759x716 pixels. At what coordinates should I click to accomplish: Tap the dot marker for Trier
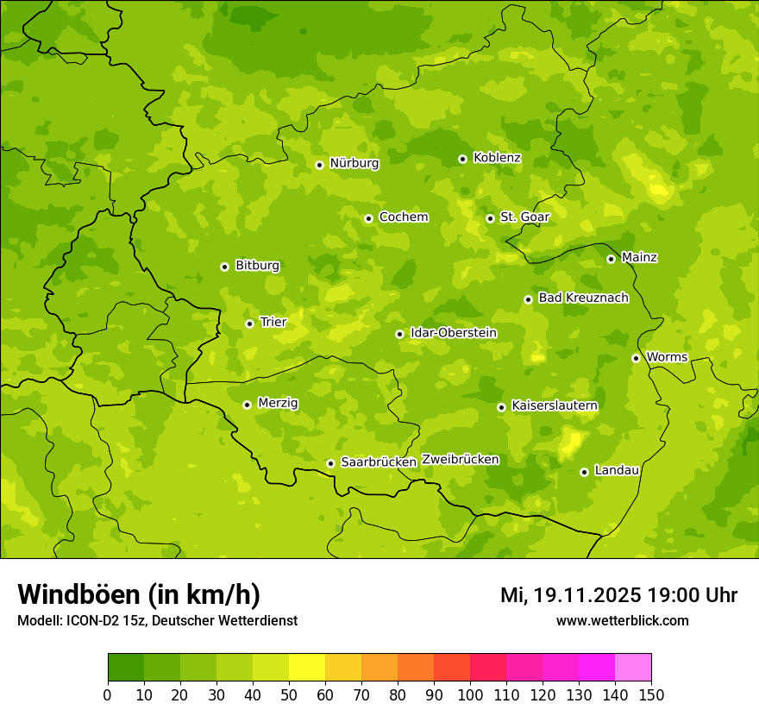pyautogui.click(x=249, y=323)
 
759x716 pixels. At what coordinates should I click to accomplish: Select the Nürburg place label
pyautogui.click(x=354, y=163)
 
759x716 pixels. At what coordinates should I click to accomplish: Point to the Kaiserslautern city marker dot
pyautogui.click(x=501, y=407)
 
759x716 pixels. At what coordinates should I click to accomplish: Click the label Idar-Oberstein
pyautogui.click(x=454, y=333)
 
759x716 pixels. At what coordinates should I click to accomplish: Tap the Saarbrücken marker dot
pyautogui.click(x=330, y=463)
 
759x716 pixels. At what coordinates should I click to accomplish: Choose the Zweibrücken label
pyautogui.click(x=460, y=460)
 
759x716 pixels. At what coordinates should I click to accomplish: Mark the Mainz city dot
pyautogui.click(x=611, y=259)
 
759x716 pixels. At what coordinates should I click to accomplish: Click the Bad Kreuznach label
pyautogui.click(x=583, y=298)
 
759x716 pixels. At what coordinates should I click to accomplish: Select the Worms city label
pyautogui.click(x=667, y=357)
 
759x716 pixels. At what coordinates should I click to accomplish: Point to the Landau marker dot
pyautogui.click(x=584, y=472)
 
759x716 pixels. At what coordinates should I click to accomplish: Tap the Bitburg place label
pyautogui.click(x=257, y=266)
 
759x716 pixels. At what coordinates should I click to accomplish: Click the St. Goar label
pyautogui.click(x=524, y=217)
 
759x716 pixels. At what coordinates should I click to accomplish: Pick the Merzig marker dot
pyautogui.click(x=247, y=405)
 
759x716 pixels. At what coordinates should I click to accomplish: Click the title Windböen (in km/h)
pyautogui.click(x=139, y=594)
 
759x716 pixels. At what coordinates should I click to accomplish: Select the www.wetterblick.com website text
pyautogui.click(x=622, y=620)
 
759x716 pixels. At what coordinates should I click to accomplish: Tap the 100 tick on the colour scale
pyautogui.click(x=470, y=694)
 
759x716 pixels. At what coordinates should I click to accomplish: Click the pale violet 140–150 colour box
pyautogui.click(x=633, y=668)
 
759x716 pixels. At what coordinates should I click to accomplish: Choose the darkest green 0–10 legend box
pyautogui.click(x=126, y=668)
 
